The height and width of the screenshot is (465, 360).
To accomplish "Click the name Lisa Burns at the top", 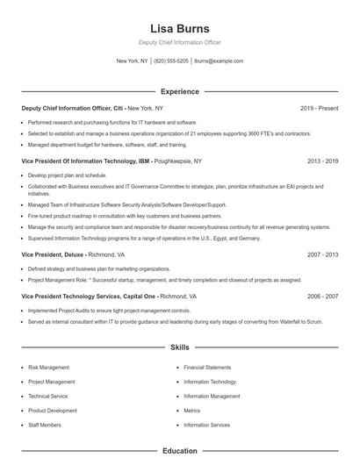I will pyautogui.click(x=179, y=28).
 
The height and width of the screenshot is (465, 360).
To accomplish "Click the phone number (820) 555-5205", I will pyautogui.click(x=171, y=61).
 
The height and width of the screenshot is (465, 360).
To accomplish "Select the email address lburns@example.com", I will pyautogui.click(x=219, y=61).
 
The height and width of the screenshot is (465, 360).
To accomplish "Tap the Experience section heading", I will pyautogui.click(x=179, y=91).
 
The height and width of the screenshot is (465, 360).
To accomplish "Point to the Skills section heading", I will pyautogui.click(x=179, y=348).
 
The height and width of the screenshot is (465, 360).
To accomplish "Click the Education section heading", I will pyautogui.click(x=179, y=451).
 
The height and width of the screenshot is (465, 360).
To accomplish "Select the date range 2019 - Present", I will pyautogui.click(x=319, y=108).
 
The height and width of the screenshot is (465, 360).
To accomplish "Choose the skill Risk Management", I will pyautogui.click(x=50, y=368).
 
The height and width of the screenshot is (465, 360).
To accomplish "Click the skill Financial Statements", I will pyautogui.click(x=207, y=368).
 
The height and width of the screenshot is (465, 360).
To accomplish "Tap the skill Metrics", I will pyautogui.click(x=192, y=411).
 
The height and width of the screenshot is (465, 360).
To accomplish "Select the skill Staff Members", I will pyautogui.click(x=45, y=425).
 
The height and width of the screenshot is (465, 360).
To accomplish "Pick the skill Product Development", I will pyautogui.click(x=53, y=411).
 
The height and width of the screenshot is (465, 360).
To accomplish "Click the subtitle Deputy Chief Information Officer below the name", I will pyautogui.click(x=179, y=42).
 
